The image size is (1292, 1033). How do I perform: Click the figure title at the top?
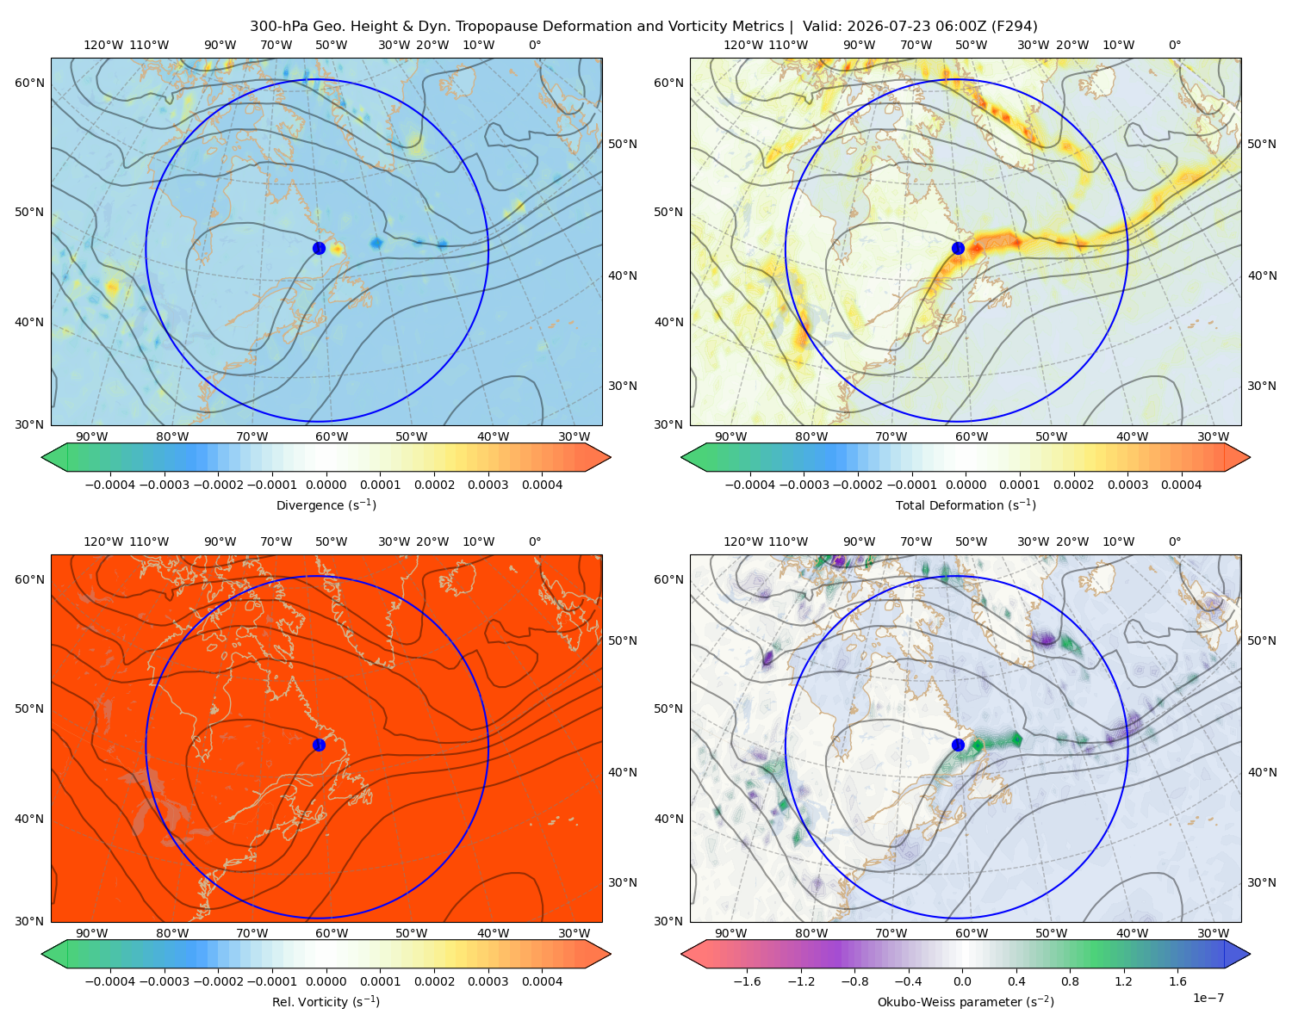tap(643, 27)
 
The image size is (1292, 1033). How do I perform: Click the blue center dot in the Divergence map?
tap(319, 249)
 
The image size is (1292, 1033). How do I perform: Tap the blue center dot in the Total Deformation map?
tap(958, 249)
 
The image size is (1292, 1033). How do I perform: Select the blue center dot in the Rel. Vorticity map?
tap(319, 745)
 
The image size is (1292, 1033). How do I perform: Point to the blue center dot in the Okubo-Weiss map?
tap(958, 745)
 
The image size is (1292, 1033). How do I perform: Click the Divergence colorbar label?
tap(326, 505)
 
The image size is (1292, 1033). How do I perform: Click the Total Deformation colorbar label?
tap(966, 505)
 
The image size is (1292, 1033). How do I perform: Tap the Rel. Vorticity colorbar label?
tap(326, 1002)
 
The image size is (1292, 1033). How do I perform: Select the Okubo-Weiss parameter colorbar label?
tap(966, 1002)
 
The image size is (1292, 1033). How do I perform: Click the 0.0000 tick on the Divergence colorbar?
tap(326, 485)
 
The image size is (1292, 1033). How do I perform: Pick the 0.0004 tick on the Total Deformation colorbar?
tap(1181, 485)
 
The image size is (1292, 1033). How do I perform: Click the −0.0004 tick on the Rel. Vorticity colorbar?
tap(110, 981)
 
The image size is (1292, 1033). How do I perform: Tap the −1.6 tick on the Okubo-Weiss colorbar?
tap(747, 981)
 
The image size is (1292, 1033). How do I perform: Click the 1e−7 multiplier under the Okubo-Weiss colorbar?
tap(1208, 998)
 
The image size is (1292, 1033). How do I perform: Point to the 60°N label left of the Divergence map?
tap(30, 83)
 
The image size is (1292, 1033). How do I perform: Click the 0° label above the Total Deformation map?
tap(1174, 45)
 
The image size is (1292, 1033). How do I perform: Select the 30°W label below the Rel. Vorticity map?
tap(574, 933)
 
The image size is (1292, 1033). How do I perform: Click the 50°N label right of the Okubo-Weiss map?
tap(1262, 640)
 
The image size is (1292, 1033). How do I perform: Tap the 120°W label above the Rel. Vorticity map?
tap(103, 541)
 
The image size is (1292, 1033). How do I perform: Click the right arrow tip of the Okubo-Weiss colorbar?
tap(1250, 954)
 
